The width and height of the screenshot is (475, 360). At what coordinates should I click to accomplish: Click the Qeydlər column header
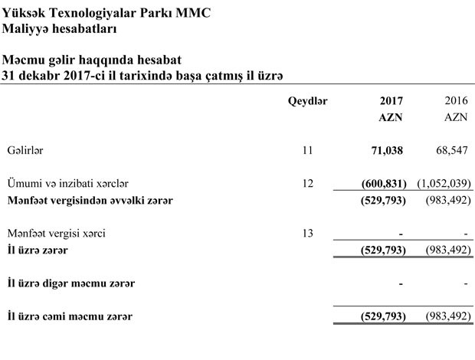click(x=307, y=101)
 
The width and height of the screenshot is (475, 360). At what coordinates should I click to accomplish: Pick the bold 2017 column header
click(x=391, y=101)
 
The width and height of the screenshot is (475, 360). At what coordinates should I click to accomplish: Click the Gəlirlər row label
click(x=25, y=150)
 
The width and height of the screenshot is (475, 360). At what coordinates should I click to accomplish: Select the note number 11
click(x=308, y=150)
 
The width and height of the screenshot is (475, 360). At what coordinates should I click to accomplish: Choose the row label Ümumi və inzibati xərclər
click(x=67, y=183)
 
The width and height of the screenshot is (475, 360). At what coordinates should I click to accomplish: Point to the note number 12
click(x=308, y=183)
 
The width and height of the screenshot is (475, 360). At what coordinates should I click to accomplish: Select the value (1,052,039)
click(x=444, y=183)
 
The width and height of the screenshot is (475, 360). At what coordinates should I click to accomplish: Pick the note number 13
click(x=308, y=233)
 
